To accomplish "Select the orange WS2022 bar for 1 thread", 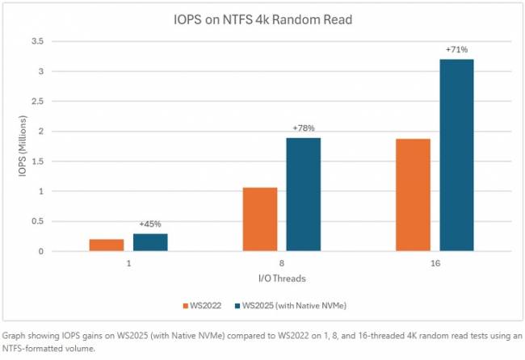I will (129, 245).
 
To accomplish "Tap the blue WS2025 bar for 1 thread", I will (151, 242).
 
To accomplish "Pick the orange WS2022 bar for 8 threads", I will (260, 219).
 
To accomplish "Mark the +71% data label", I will (457, 50).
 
